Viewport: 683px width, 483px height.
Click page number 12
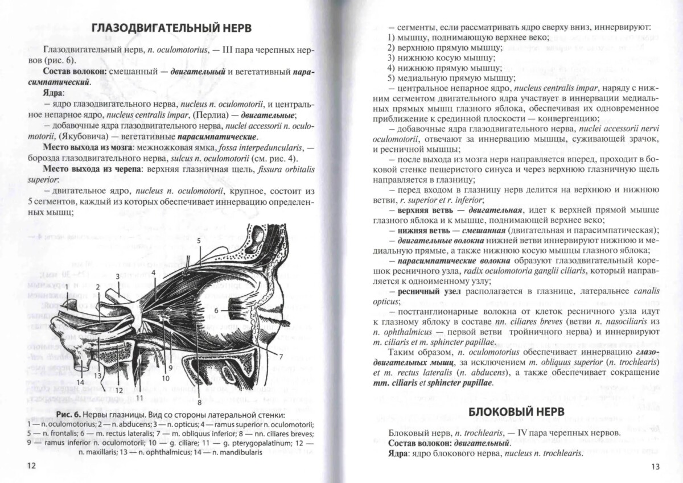click(x=31, y=466)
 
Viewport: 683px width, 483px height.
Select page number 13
click(x=655, y=467)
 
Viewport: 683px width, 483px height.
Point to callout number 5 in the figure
click(x=199, y=241)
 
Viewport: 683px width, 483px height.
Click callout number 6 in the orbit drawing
click(x=216, y=310)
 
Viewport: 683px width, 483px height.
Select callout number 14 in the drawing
click(x=80, y=382)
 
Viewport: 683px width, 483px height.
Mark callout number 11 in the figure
click(x=139, y=397)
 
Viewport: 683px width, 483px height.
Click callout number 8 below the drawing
click(x=199, y=402)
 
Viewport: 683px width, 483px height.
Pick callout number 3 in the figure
click(x=117, y=276)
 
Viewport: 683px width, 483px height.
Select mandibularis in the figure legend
click(x=238, y=452)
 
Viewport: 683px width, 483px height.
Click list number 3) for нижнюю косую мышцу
click(x=391, y=58)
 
